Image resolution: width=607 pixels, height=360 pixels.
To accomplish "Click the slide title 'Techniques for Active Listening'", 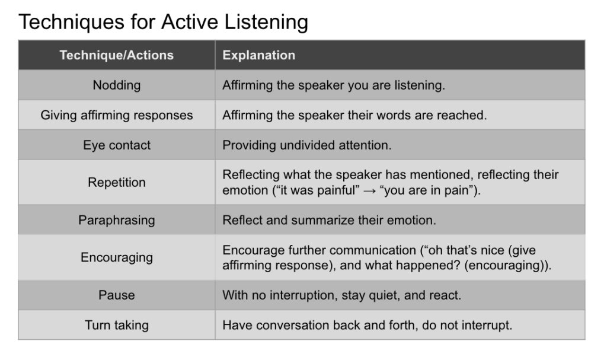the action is click(163, 22).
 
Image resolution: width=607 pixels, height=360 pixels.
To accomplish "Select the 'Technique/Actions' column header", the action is click(117, 55).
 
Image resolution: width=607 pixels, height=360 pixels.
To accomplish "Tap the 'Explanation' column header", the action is click(258, 55).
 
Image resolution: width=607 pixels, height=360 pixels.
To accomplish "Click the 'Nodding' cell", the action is click(117, 85).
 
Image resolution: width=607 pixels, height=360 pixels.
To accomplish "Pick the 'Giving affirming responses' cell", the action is click(117, 115).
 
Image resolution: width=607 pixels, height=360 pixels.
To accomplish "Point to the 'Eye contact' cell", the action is click(117, 145).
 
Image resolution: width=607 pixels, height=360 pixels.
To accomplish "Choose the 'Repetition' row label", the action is click(117, 182).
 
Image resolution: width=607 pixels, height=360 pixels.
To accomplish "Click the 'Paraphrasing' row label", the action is click(117, 220).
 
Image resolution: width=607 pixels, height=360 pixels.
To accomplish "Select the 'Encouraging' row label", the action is click(117, 257).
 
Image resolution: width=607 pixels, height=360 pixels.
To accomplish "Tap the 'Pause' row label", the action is click(117, 295).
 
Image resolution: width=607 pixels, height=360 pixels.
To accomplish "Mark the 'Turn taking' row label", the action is click(117, 325).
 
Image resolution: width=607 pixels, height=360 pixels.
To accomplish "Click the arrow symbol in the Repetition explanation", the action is click(369, 191).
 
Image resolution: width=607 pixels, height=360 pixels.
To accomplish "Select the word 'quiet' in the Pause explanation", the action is click(384, 295).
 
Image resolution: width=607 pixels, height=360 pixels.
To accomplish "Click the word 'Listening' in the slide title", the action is click(266, 23).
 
